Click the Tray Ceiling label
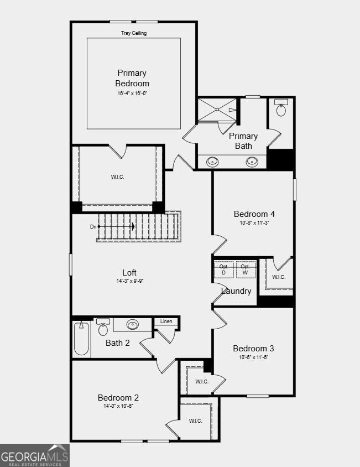tap(134, 33)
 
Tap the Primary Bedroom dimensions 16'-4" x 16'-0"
tap(132, 93)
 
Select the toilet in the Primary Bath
tap(281, 108)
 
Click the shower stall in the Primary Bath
tap(217, 110)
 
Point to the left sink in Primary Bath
tap(212, 162)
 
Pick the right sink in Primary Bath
tap(252, 162)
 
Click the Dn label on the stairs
tap(93, 227)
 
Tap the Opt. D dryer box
tap(224, 269)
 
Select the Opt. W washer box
tap(246, 269)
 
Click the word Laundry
tap(236, 291)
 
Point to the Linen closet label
tap(166, 321)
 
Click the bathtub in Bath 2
tap(81, 338)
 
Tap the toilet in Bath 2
tap(103, 327)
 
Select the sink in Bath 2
tap(133, 324)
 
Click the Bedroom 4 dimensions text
tap(254, 222)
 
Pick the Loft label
tap(129, 273)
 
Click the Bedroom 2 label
tap(118, 398)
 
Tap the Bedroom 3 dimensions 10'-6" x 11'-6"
tap(254, 357)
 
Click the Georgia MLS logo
tap(35, 455)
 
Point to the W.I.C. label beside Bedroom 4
tap(279, 277)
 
